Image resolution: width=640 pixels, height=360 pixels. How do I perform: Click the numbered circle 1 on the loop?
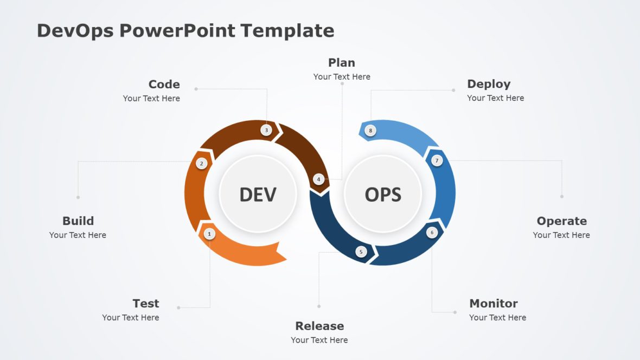pos(209,234)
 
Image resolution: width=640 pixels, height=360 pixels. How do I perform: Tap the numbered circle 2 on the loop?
pos(201,163)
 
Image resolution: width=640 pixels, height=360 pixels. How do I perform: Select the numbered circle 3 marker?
pos(266,130)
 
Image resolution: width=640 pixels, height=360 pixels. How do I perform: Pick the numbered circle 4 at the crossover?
pos(319,179)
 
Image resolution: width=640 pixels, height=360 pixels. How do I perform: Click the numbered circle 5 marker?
pos(361,252)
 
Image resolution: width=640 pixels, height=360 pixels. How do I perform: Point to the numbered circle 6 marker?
pos(432,233)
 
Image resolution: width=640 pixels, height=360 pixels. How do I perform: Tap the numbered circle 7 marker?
pos(437,160)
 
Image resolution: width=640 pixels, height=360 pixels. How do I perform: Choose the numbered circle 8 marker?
pos(370,130)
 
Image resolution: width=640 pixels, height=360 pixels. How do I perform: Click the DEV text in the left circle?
pos(258,194)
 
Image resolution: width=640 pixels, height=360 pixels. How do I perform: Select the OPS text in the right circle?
pos(383,194)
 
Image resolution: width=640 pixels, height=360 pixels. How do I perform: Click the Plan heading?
pos(342,62)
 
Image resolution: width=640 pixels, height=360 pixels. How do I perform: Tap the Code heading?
pos(164,84)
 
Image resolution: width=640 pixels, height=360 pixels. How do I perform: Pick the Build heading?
pos(78,221)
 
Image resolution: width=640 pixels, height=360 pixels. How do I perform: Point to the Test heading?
pos(146,303)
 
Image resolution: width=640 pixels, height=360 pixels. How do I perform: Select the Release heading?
pos(319,326)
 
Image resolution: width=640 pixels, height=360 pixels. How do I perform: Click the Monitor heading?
pos(493,303)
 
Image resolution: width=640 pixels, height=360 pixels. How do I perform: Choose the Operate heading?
pos(561,221)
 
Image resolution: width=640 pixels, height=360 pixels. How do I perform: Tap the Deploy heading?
pos(489,83)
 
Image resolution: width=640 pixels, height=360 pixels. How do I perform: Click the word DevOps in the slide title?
pos(75,30)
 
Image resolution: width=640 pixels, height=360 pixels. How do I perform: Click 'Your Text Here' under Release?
pos(319,340)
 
